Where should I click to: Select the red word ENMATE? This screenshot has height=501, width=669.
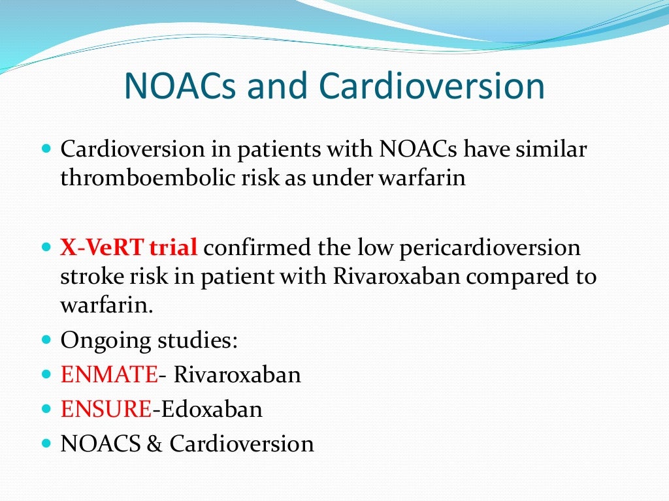109,375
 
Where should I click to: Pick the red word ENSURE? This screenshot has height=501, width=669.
106,410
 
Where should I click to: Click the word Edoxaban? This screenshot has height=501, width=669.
212,410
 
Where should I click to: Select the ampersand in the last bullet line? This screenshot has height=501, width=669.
154,444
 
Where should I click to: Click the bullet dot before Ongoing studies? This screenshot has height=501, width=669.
45,341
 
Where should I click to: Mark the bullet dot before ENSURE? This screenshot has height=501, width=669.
45,410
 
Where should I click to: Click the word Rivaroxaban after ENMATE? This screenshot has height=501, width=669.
237,375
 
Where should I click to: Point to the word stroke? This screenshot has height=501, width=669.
92,277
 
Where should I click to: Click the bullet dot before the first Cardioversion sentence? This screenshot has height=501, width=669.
45,149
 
